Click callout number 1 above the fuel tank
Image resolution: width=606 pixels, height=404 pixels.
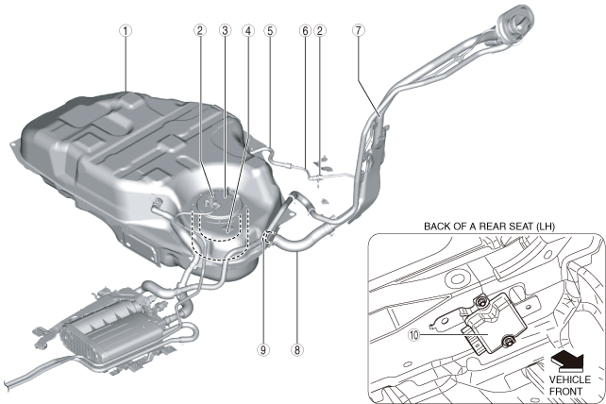126,29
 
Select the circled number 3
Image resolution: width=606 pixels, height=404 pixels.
225,29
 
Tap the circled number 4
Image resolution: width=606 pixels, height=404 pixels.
249,29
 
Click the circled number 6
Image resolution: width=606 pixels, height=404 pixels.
305,29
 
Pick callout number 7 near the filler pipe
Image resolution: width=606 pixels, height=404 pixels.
358,29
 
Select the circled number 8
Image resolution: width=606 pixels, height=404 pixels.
297,348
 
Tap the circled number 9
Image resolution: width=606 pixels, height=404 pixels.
265,348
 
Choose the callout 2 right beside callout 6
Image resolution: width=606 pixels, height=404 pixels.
322,29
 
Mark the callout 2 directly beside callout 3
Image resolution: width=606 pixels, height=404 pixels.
200,29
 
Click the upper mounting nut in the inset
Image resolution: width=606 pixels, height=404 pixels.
481,302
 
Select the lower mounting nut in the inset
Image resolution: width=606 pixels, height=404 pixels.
508,342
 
